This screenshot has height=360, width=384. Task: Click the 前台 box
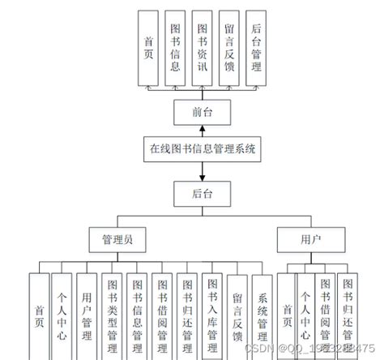pyautogui.click(x=200, y=110)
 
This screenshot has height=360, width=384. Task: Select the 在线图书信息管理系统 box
pyautogui.click(x=200, y=149)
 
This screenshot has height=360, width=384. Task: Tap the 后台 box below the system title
pyautogui.click(x=200, y=192)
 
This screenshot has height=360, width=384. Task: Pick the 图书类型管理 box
pyautogui.click(x=113, y=316)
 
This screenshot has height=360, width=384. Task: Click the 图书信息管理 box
pyautogui.click(x=138, y=316)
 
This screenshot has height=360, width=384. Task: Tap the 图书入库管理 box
pyautogui.click(x=212, y=316)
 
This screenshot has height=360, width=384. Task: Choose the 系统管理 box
pyautogui.click(x=262, y=316)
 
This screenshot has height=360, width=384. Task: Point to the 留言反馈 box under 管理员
pyautogui.click(x=237, y=316)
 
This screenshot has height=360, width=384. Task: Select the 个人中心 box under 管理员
pyautogui.click(x=62, y=316)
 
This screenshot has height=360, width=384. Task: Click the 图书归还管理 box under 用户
pyautogui.click(x=348, y=316)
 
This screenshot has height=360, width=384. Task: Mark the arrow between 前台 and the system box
pyautogui.click(x=200, y=130)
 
